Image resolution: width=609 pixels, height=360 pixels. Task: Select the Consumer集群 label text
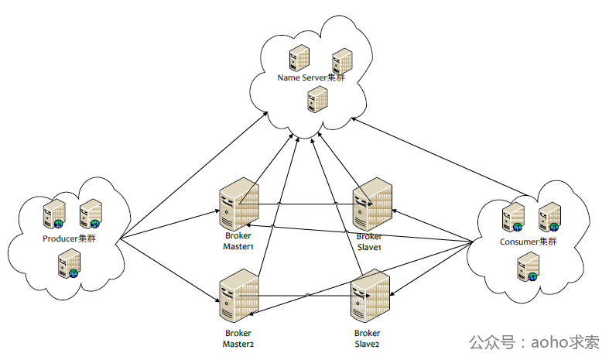pyautogui.click(x=528, y=242)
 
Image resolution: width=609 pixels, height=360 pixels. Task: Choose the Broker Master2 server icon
pyautogui.click(x=238, y=296)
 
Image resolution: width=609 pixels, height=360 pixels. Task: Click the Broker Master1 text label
pyautogui.click(x=238, y=241)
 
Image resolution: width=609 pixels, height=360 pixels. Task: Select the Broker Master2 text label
pyautogui.click(x=238, y=338)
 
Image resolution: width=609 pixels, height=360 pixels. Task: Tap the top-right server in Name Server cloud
pyautogui.click(x=341, y=60)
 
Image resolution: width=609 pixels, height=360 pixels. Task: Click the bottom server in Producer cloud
pyautogui.click(x=70, y=264)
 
